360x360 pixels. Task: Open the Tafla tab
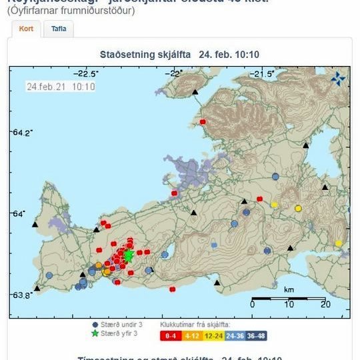(x=59, y=29)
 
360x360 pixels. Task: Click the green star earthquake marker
(x=129, y=255)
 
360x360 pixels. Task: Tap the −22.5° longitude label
(x=87, y=73)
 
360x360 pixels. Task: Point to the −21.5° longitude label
(x=261, y=73)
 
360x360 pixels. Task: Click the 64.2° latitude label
(x=21, y=132)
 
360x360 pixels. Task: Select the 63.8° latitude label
(x=21, y=295)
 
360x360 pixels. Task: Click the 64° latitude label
(x=19, y=213)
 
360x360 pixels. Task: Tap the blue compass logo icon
(x=339, y=79)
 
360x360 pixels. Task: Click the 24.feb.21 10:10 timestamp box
(x=61, y=87)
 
